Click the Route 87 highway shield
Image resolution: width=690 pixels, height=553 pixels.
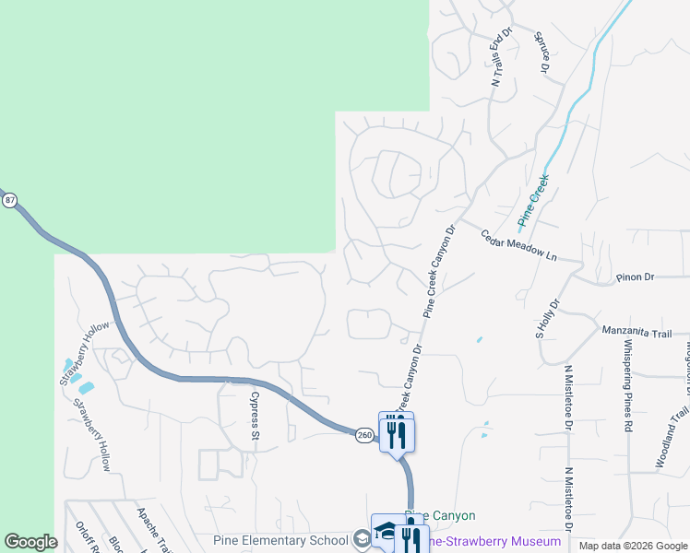9,200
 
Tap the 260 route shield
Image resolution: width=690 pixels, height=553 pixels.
365,434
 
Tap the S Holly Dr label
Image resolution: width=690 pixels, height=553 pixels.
548,317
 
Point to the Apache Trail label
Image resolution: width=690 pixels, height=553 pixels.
148,529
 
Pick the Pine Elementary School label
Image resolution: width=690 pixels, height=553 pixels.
280,540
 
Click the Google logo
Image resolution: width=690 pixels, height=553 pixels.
30,542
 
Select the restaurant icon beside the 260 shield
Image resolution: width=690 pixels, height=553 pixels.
397,434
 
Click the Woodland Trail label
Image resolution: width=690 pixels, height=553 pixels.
668,444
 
